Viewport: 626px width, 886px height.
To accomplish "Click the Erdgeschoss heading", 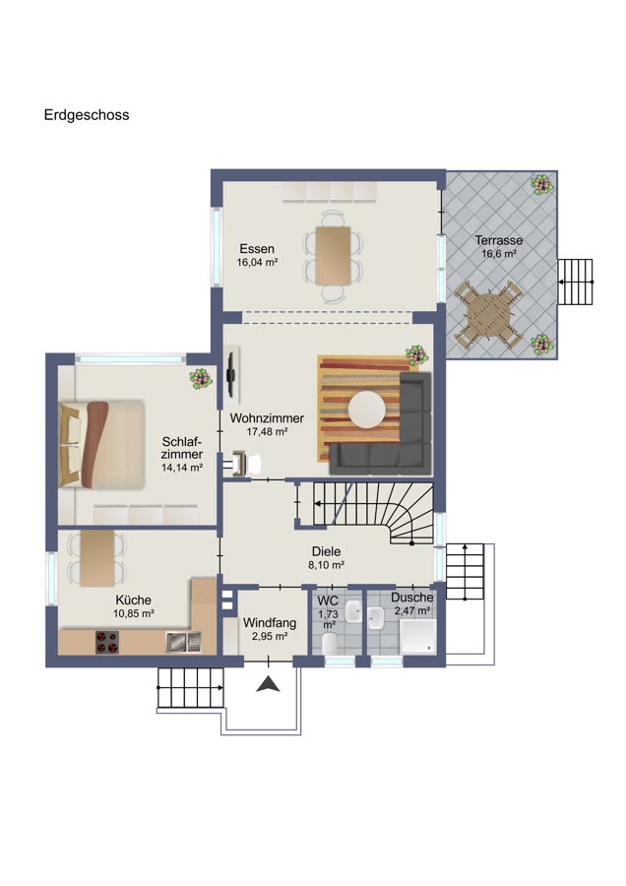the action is (x=87, y=115).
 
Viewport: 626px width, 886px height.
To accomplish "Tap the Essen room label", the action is (x=257, y=249).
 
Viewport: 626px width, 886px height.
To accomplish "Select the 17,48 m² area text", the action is (x=268, y=432).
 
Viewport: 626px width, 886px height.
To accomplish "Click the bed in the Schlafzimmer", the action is (x=101, y=444).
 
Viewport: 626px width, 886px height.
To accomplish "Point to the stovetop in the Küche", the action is (x=106, y=642).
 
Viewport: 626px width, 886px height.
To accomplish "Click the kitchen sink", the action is (x=184, y=642).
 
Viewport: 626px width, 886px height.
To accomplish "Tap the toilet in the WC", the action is (x=330, y=643).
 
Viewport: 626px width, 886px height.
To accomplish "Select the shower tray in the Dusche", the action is (x=418, y=637).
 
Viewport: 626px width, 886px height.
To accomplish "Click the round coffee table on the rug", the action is (x=367, y=410).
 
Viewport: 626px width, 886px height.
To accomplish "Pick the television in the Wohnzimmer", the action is (x=231, y=375).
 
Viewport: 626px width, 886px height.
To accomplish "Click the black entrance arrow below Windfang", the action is (x=269, y=685).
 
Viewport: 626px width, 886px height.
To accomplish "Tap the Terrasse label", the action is (x=499, y=240).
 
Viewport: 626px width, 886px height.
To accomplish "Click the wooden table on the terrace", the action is (x=488, y=315).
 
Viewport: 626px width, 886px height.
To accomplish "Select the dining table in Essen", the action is (x=334, y=255).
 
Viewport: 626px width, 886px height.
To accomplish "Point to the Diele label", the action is (x=327, y=551).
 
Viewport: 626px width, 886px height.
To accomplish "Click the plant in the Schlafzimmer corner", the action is (x=201, y=379).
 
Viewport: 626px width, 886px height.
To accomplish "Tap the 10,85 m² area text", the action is (x=134, y=613).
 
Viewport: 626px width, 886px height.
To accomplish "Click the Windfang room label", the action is (x=270, y=623).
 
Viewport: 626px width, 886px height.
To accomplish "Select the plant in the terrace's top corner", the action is (x=541, y=184).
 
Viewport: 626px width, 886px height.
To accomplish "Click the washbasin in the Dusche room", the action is (x=376, y=619).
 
